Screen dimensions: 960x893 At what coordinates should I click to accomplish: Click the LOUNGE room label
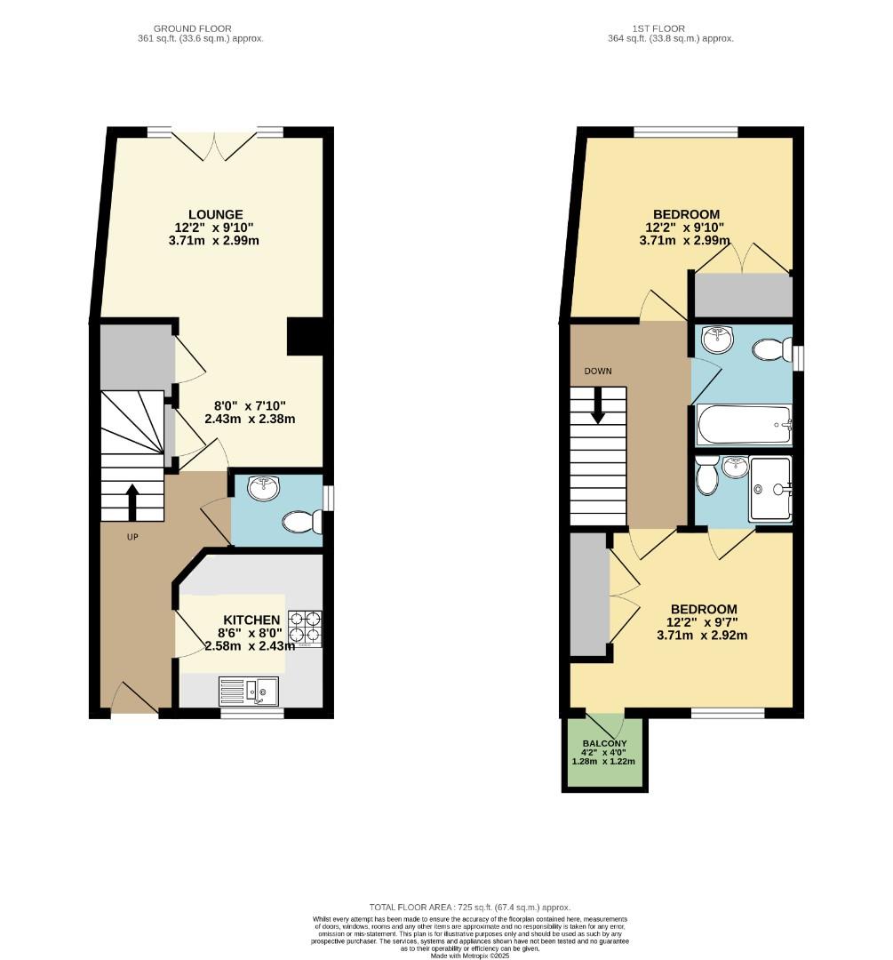coord(215,214)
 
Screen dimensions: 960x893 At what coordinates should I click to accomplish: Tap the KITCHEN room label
coord(251,620)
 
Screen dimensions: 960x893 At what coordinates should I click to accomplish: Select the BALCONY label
coord(604,744)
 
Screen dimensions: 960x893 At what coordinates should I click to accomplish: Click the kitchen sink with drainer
coord(249,690)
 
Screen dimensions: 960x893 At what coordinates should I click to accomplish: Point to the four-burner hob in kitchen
coord(305,628)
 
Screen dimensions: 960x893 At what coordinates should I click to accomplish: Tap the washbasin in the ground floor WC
coord(263,487)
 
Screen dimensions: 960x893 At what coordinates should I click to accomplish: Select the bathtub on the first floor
coord(744,425)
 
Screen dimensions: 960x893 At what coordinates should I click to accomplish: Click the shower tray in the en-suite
coord(769,489)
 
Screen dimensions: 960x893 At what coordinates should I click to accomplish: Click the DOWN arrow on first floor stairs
coord(598,406)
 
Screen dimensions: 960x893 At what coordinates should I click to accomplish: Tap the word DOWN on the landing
coord(598,372)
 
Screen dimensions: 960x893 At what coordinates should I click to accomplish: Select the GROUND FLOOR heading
coord(208,28)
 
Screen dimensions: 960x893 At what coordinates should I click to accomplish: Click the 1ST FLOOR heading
coord(671,28)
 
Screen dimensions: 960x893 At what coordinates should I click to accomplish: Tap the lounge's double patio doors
coord(215,144)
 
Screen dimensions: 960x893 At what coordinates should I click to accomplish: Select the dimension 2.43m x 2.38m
coord(250,419)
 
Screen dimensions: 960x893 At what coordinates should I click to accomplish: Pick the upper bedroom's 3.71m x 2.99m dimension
coord(685,241)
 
